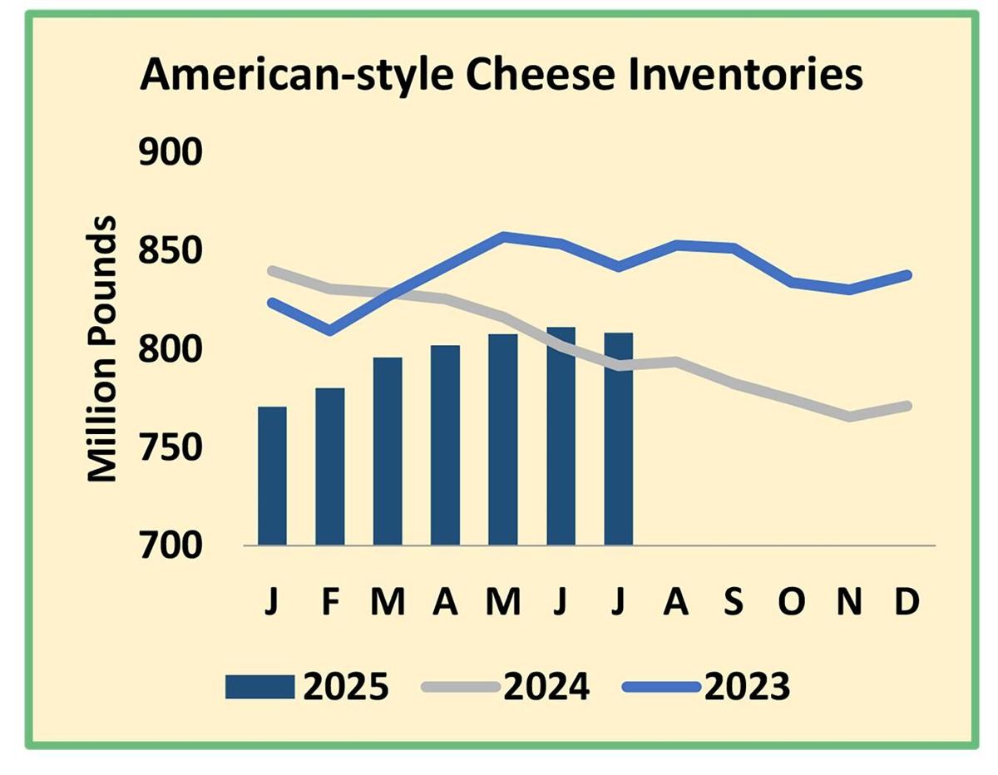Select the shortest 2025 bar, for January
(x=272, y=476)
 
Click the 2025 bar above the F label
(x=330, y=466)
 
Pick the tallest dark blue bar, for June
(x=561, y=436)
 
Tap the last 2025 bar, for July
(x=619, y=438)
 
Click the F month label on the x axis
(x=330, y=602)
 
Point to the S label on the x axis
(x=734, y=602)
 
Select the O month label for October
(x=792, y=602)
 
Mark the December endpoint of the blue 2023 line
(x=907, y=275)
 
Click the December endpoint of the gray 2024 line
(x=907, y=406)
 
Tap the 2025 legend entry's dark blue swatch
(x=259, y=688)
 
